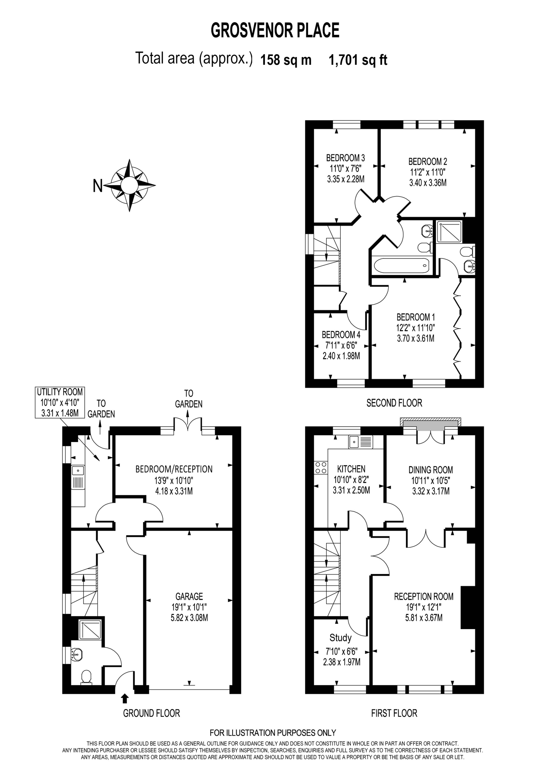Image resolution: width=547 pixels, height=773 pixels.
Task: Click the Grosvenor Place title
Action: pos(275,31)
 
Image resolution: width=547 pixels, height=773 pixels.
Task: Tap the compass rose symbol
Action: pos(130,186)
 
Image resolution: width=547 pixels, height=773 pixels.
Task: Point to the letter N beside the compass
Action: pos(98,186)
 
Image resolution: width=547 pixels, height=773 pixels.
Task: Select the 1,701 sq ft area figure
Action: pos(358,60)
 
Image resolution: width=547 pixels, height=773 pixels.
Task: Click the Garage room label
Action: pos(189,596)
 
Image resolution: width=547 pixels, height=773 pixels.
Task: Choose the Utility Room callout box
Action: pos(60,403)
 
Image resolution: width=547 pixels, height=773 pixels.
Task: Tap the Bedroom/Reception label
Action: pos(174,469)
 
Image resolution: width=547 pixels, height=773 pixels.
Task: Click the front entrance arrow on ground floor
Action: pos(125,698)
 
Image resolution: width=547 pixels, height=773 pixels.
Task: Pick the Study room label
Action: pos(340,638)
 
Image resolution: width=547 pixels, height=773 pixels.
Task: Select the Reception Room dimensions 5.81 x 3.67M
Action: pos(423,618)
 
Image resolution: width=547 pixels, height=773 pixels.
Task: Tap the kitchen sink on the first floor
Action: pos(360,442)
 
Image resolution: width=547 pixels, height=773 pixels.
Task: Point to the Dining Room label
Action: pos(430,470)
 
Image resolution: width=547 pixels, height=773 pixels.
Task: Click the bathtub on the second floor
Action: pos(401,266)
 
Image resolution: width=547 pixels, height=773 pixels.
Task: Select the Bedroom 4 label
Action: pos(341,335)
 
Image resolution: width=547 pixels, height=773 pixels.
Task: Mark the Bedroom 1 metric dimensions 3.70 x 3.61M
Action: pos(416,338)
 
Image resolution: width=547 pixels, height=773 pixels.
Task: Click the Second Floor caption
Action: pos(394,403)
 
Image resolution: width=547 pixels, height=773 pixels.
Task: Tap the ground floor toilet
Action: pos(86,677)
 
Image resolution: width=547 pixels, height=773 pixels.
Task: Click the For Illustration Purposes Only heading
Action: pos(273,732)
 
